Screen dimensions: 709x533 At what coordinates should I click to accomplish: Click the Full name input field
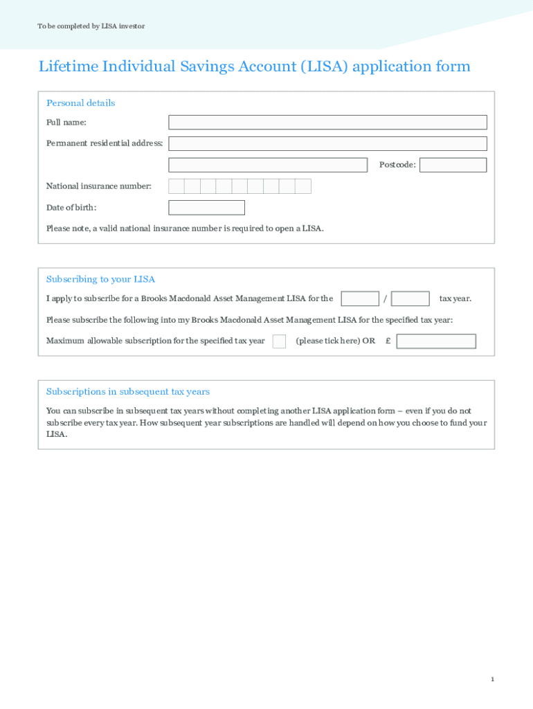pos(327,123)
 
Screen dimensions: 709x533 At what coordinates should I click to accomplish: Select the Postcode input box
pos(453,165)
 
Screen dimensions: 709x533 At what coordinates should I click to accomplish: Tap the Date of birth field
pos(206,208)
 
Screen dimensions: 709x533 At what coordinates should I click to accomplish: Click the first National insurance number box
pos(177,186)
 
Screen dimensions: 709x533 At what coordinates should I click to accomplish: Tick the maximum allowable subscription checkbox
pos(279,341)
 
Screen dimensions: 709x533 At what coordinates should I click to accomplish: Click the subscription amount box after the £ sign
pos(436,341)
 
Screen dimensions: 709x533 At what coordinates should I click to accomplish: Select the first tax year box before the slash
pos(360,298)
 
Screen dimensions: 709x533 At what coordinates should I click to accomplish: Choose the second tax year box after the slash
pos(410,298)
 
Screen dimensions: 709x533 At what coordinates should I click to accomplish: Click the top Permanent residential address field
pos(327,143)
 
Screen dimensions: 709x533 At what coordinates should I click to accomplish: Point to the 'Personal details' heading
pos(80,103)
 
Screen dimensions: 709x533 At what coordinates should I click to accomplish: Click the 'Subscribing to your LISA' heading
pos(100,279)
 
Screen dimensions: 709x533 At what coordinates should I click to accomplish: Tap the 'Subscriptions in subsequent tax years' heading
pos(127,392)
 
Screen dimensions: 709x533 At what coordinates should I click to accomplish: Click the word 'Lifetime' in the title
pos(68,66)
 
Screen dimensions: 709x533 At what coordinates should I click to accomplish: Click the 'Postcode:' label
pos(397,165)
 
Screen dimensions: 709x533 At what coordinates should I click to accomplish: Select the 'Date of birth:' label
pos(71,208)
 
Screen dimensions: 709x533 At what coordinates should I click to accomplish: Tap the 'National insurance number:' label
pos(98,186)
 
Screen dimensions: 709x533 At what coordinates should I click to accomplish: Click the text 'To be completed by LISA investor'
pos(91,26)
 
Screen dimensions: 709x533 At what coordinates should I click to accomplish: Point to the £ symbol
pos(388,341)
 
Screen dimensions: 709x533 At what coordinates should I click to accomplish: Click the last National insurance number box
pos(303,186)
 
